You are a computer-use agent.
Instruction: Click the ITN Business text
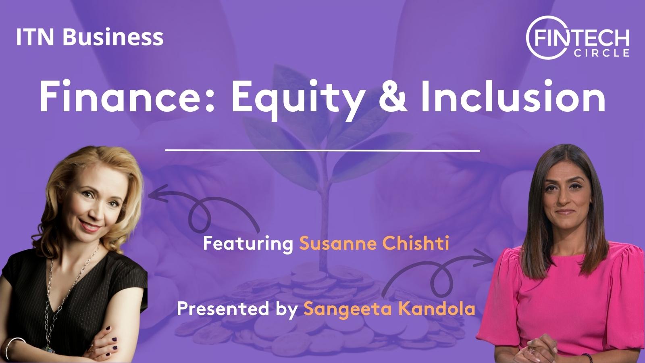tap(89, 37)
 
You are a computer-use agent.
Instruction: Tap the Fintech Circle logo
tap(577, 38)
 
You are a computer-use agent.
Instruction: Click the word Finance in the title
tap(127, 96)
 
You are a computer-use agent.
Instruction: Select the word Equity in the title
tap(296, 99)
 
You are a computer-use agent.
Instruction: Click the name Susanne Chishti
tap(374, 244)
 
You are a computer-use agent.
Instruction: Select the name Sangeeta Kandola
tap(389, 309)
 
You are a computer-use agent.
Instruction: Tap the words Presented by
tap(237, 309)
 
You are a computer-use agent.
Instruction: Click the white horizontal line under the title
tap(322, 150)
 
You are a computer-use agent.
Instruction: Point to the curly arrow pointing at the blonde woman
tap(202, 202)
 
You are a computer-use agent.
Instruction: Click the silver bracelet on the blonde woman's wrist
tap(13, 346)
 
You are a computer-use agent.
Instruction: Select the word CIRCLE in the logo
tap(601, 53)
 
